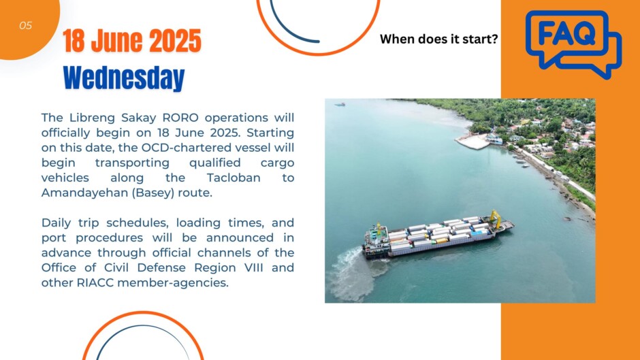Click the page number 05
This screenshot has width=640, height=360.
click(x=25, y=26)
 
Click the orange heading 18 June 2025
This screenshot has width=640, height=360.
click(x=132, y=41)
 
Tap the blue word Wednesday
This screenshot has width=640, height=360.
click(x=124, y=78)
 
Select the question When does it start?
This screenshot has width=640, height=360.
click(x=438, y=39)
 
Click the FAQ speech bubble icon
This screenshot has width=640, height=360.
click(x=573, y=44)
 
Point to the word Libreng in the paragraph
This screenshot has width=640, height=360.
click(x=92, y=118)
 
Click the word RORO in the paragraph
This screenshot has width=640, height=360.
click(x=180, y=118)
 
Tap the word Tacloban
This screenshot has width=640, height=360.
click(x=234, y=178)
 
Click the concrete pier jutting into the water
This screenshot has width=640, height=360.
click(x=473, y=142)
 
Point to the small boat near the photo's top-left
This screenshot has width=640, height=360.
click(x=340, y=105)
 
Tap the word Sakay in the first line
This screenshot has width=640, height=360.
click(x=139, y=118)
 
